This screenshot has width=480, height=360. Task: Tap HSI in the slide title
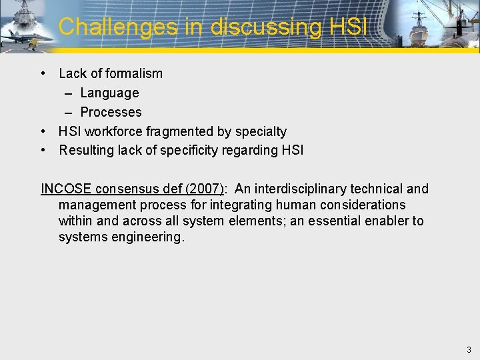pyautogui.click(x=348, y=27)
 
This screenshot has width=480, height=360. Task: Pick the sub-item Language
pyautogui.click(x=109, y=93)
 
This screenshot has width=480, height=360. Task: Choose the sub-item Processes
pyautogui.click(x=111, y=112)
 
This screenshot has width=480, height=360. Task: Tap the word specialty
pyautogui.click(x=261, y=131)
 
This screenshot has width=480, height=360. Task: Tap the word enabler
pyautogui.click(x=378, y=221)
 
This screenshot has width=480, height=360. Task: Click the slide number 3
pyautogui.click(x=469, y=349)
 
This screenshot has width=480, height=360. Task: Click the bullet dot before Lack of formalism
pyautogui.click(x=43, y=73)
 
